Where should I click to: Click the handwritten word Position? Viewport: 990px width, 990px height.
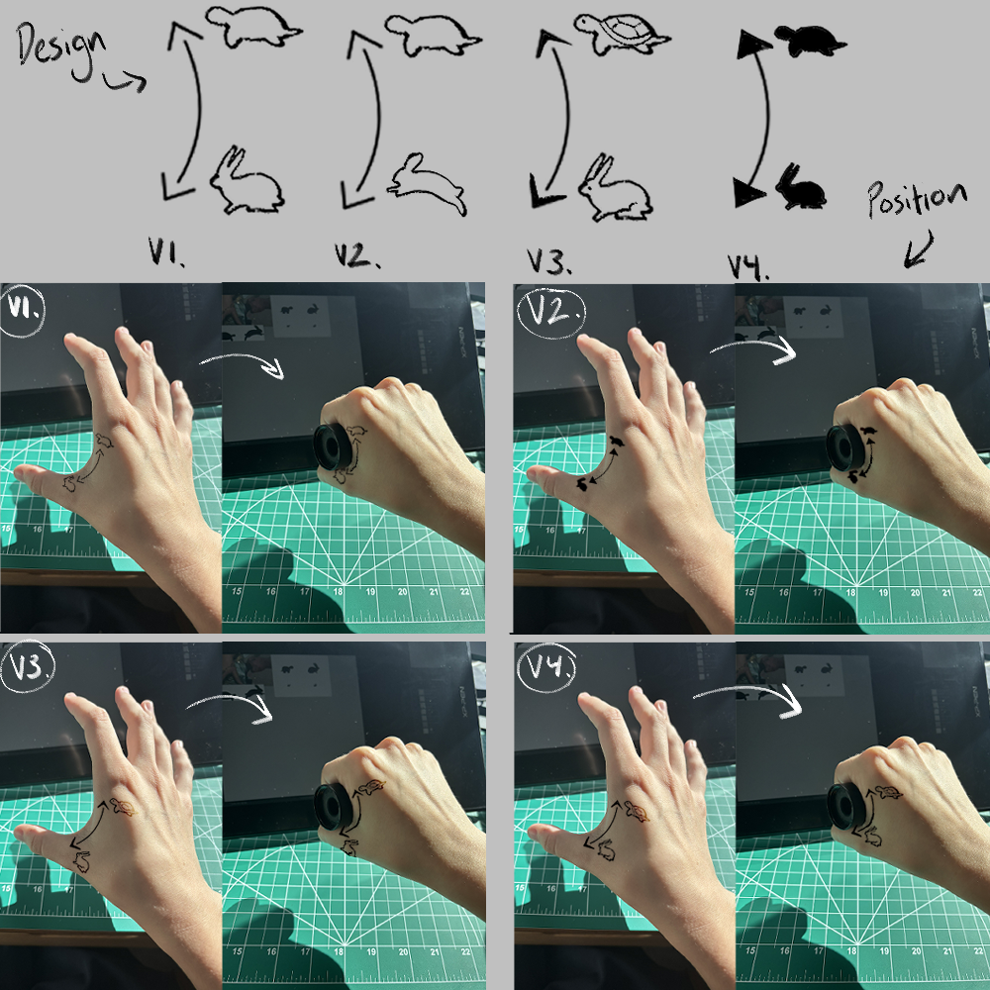pos(917,199)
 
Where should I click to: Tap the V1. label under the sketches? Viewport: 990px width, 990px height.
pos(166,251)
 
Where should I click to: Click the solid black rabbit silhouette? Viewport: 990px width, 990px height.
pos(801,187)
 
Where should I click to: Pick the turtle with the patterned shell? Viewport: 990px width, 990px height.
pos(622,35)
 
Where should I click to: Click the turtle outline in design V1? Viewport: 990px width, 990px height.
pos(253,27)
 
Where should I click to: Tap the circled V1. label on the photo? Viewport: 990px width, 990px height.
pos(23,310)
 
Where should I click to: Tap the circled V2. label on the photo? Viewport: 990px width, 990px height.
pos(551,314)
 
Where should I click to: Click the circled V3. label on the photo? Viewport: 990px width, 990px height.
pos(28,667)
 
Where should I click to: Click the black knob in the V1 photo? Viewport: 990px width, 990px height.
pos(333,447)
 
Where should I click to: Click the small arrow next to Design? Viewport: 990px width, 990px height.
pos(125,81)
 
